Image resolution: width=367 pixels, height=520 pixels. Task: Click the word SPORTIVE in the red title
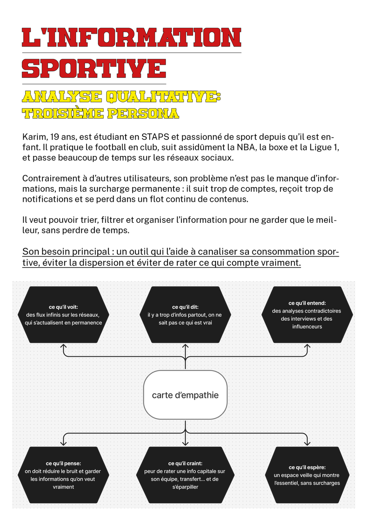pos(94,69)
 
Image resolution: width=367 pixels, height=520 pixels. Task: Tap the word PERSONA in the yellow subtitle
pos(143,113)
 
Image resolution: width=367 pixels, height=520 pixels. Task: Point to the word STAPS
pos(155,137)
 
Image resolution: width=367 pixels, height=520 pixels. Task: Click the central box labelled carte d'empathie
pos(185,395)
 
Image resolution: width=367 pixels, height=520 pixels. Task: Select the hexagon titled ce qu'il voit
pos(63,314)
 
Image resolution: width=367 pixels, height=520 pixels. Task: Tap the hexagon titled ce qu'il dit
pos(185,314)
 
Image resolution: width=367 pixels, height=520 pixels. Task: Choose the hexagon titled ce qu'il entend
pos(307,314)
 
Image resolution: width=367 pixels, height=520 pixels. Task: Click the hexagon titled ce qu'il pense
pos(63,475)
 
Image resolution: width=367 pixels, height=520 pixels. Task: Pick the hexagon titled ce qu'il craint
pos(185,475)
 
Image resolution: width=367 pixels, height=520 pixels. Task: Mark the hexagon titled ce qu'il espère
pos(307,475)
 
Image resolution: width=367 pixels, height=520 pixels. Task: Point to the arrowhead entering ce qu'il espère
pos(307,443)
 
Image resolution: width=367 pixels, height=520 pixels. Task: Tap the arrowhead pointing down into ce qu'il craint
pos(185,443)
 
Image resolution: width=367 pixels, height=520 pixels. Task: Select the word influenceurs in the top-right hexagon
pos(307,327)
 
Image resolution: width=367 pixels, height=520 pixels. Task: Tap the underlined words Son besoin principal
pos(66,252)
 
